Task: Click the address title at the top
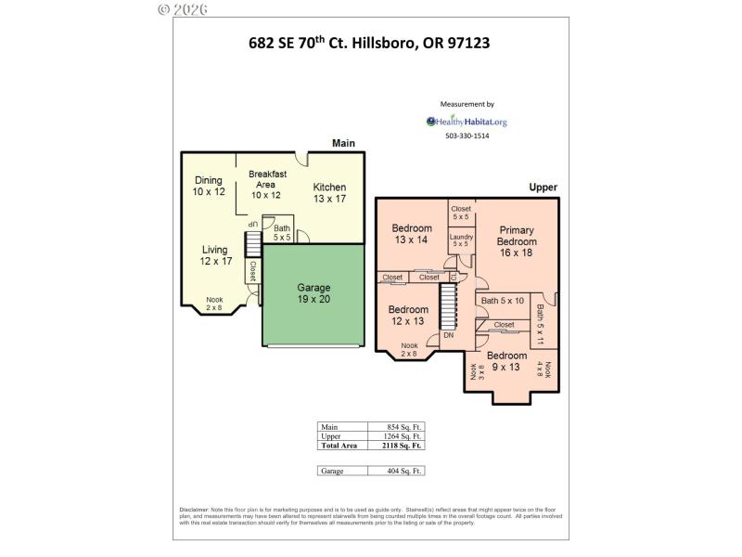point(369,42)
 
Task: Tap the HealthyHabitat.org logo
point(467,121)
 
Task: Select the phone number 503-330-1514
point(467,136)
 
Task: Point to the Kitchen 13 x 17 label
point(329,192)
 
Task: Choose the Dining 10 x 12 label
point(209,186)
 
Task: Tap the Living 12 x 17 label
point(215,255)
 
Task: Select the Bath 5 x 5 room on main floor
point(281,232)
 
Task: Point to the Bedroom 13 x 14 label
point(411,234)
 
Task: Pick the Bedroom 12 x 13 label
point(408,315)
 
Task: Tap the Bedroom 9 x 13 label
point(507,361)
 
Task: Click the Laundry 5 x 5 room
point(461,240)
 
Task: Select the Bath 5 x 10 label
point(502,300)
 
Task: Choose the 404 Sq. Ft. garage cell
point(403,472)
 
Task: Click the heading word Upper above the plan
point(543,188)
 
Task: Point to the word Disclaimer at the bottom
point(194,511)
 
